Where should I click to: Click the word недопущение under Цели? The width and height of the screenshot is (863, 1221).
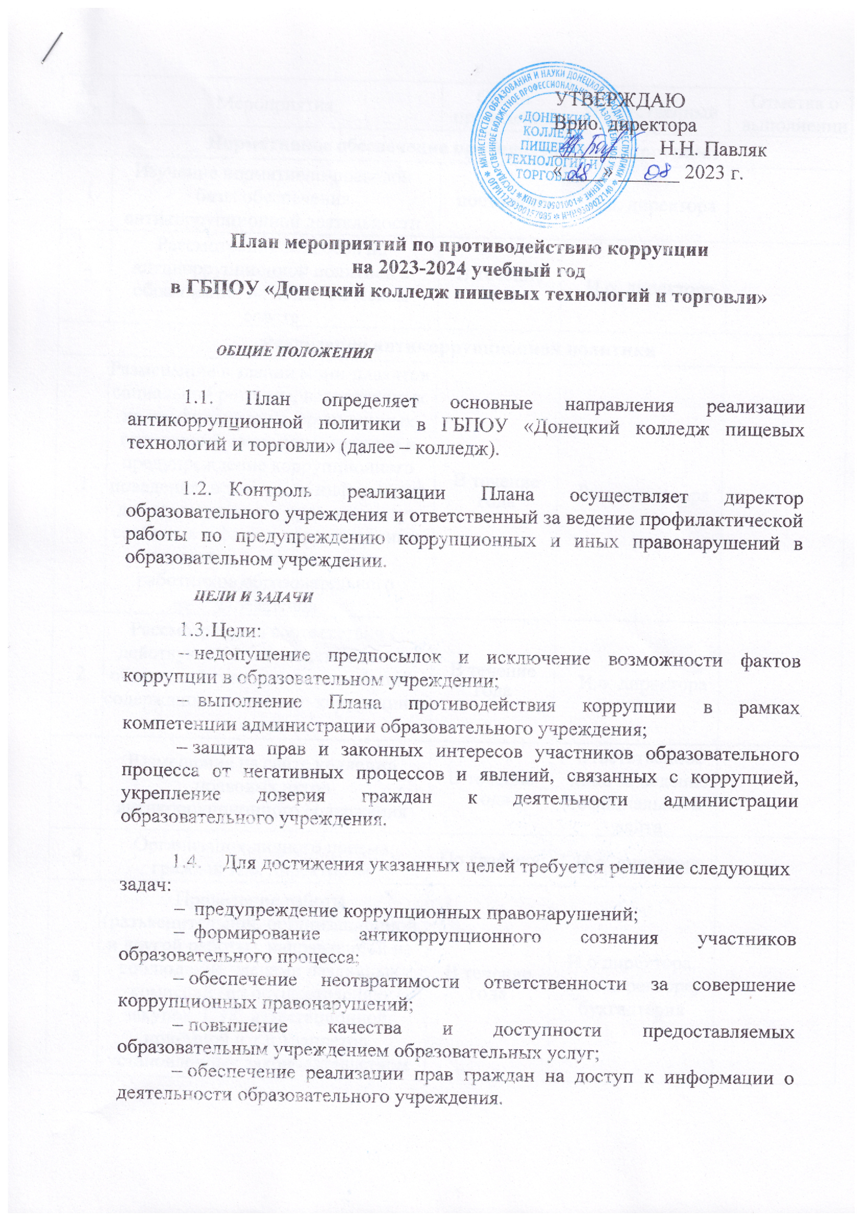point(252,659)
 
